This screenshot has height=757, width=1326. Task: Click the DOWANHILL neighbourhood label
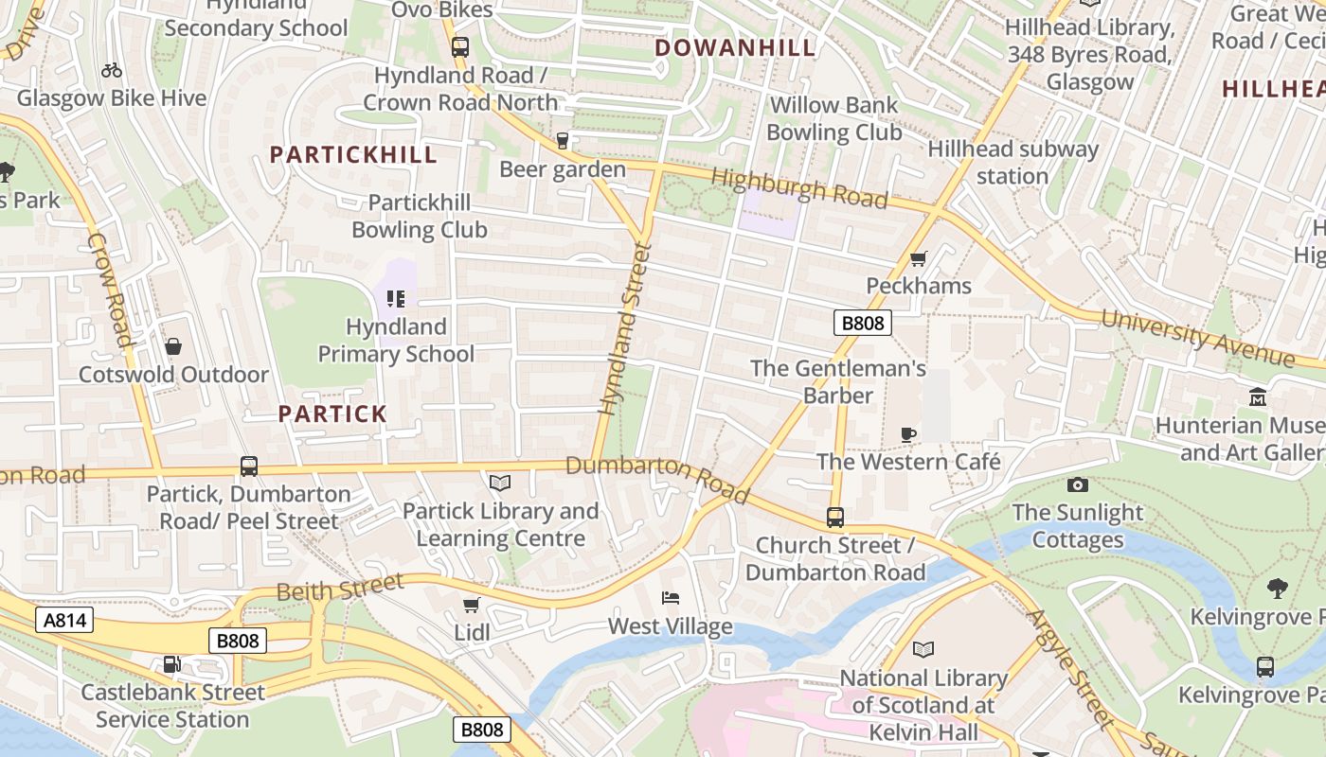tap(735, 47)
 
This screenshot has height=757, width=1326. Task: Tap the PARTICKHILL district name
tap(353, 154)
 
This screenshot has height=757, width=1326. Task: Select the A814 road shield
tap(64, 620)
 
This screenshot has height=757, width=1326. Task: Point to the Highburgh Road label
tap(798, 187)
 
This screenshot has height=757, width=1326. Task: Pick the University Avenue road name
tap(1198, 337)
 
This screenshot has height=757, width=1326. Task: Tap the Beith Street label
tap(340, 588)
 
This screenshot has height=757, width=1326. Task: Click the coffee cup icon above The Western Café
tap(908, 434)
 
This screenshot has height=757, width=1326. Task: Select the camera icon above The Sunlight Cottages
tap(1077, 485)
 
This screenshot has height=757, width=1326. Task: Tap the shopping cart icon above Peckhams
tap(918, 258)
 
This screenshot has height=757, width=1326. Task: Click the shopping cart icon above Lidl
tap(471, 605)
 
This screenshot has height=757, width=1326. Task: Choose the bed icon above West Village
tap(670, 598)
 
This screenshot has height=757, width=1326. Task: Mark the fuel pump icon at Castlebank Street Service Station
tap(171, 664)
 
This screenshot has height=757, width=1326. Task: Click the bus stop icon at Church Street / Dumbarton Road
tap(834, 518)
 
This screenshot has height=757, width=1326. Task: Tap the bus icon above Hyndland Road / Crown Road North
tap(460, 47)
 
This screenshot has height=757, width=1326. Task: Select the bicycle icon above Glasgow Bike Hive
tap(111, 70)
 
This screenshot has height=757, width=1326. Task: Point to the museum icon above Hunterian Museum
tap(1258, 397)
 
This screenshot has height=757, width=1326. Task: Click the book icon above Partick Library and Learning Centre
tap(500, 484)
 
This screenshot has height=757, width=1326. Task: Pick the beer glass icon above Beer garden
tap(563, 141)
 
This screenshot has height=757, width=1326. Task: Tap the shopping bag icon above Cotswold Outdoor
tap(172, 346)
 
